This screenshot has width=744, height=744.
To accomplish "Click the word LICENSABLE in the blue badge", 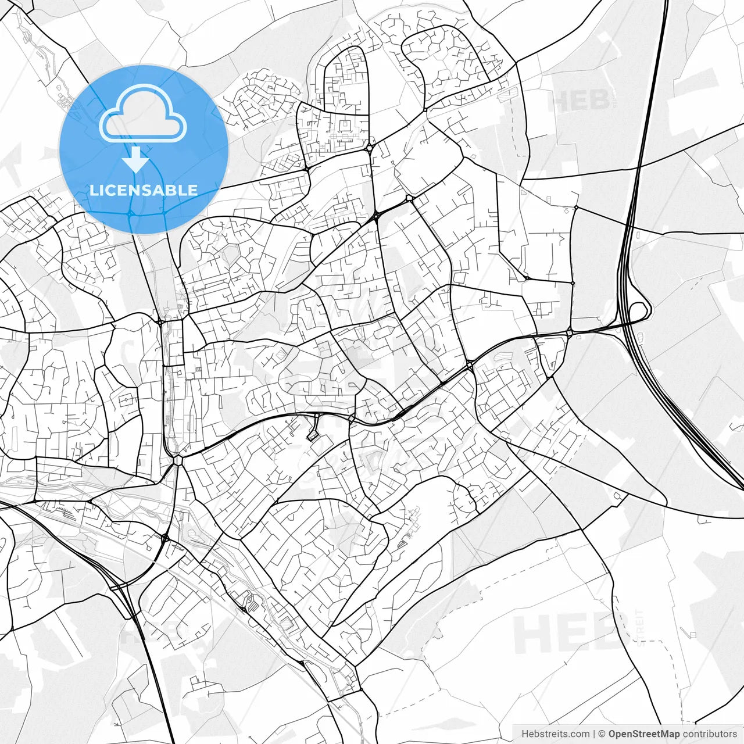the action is point(144,190).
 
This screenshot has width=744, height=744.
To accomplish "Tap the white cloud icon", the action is point(143,113).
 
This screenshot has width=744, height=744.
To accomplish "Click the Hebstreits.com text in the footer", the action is point(555,734).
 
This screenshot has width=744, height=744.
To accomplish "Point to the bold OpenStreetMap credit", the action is point(644,734).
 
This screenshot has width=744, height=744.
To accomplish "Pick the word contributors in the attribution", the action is point(710,734).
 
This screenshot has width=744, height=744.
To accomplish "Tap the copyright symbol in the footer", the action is point(602,734).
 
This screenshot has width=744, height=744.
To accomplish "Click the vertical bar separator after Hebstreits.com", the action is point(594,734).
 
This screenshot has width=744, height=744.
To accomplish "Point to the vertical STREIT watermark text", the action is point(640,628).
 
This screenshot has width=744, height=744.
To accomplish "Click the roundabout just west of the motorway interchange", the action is point(570,332).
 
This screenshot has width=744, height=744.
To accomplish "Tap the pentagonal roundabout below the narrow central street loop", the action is point(177,460).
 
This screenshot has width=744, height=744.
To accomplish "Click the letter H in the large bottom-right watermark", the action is point(530,633).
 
